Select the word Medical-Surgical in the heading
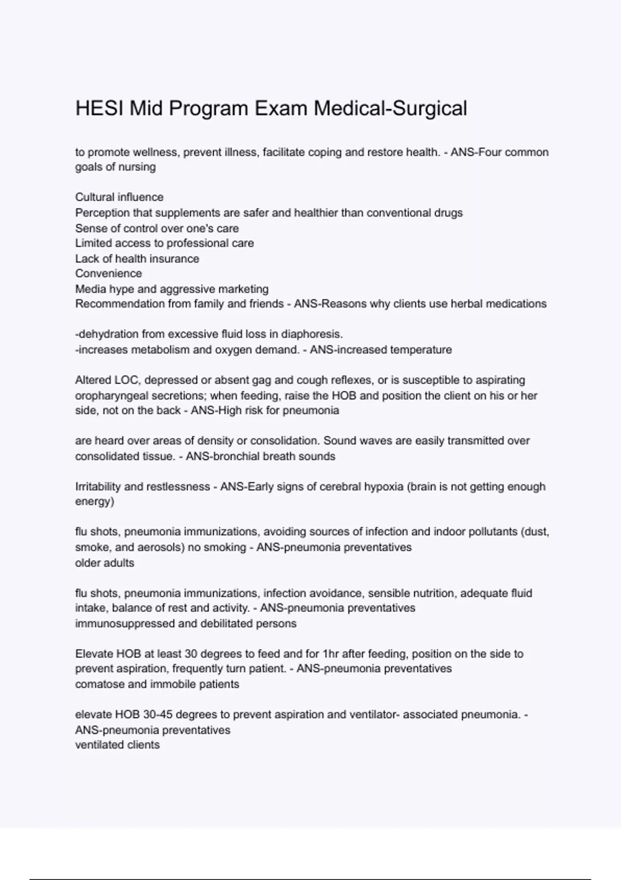390,109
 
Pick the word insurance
174,259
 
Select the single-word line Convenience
108,273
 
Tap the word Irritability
98,487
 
